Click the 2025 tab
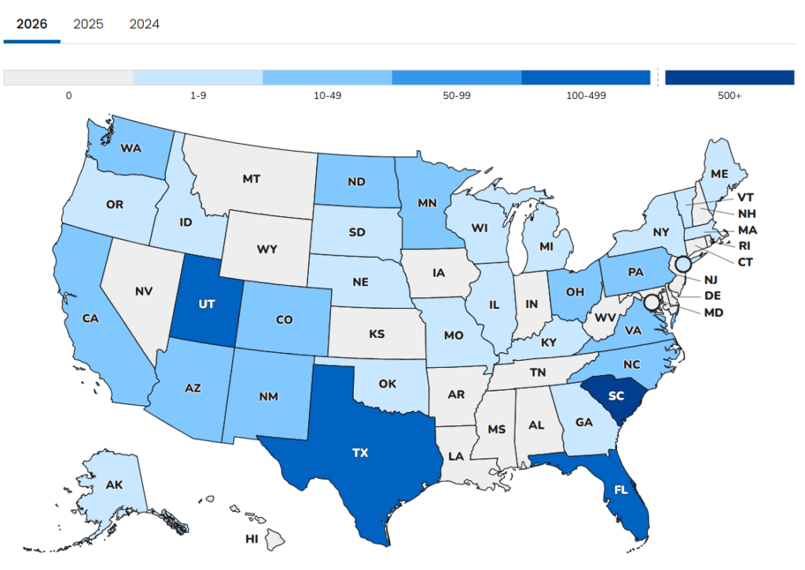88,24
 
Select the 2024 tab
145,24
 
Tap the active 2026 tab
32,24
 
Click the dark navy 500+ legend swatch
730,77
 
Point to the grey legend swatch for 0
68,77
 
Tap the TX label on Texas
360,453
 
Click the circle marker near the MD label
651,302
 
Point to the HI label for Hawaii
252,539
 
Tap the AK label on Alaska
114,485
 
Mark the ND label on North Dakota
356,181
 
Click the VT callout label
746,197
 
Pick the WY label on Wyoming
266,250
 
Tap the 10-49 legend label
327,96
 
